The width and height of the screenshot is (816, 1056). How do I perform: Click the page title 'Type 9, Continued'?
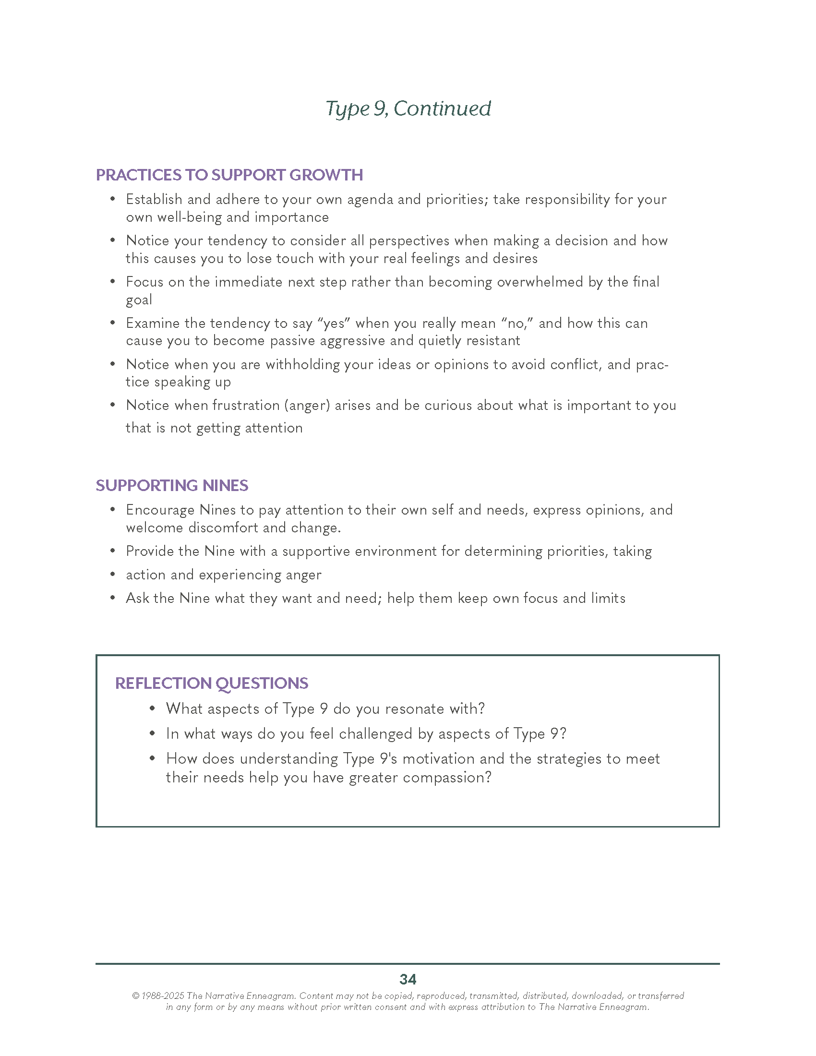(x=408, y=109)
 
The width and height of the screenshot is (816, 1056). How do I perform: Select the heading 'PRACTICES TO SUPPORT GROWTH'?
(x=229, y=175)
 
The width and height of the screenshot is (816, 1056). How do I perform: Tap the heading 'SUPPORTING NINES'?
(x=172, y=485)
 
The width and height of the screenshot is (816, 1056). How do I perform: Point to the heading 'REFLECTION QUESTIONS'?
(x=211, y=683)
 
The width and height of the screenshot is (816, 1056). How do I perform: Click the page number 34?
(x=408, y=979)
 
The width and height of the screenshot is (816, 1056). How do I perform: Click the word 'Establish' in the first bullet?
(x=154, y=199)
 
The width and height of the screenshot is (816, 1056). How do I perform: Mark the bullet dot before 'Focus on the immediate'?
(x=113, y=281)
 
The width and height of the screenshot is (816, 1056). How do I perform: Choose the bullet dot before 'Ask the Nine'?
(x=113, y=598)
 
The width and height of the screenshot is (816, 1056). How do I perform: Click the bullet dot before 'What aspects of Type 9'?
(x=152, y=708)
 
